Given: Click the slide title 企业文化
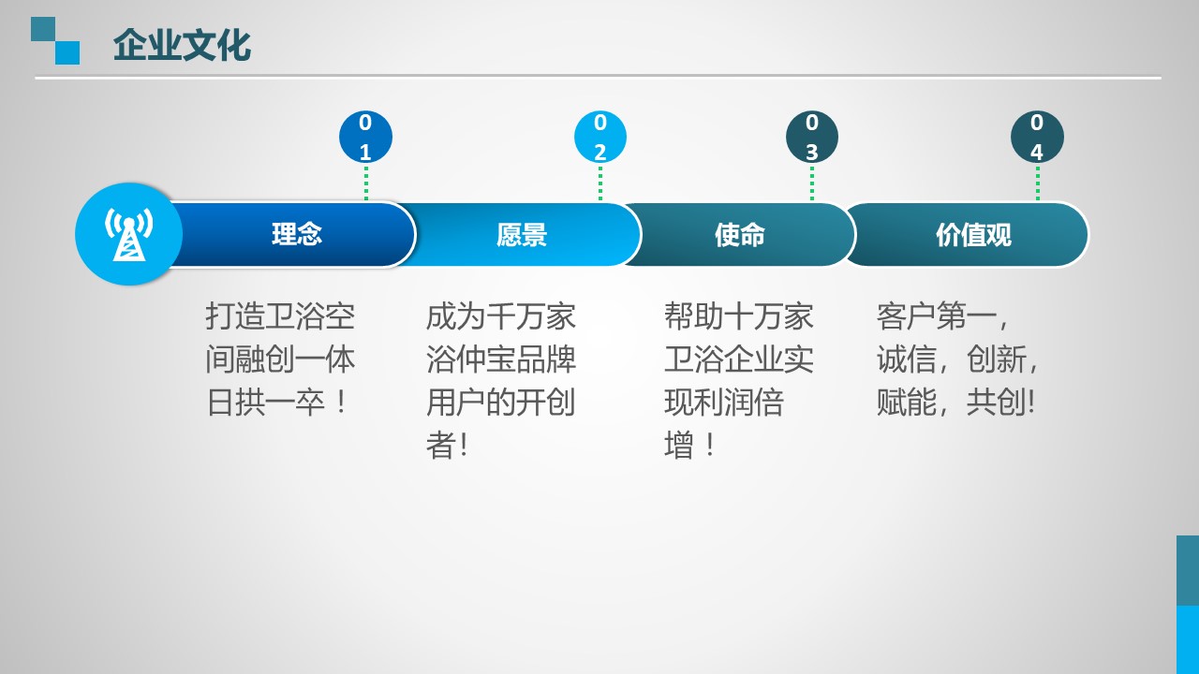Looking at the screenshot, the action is [182, 46].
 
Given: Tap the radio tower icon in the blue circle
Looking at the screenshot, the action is [128, 234].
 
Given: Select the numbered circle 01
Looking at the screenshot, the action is [365, 137].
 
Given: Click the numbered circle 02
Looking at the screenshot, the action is [600, 137].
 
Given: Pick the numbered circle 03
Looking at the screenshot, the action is [812, 137].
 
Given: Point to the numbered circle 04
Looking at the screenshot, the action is [1037, 137].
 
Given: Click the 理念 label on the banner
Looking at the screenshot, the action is [297, 234].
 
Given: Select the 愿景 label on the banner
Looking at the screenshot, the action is [522, 234].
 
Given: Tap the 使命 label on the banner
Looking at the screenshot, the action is [740, 234].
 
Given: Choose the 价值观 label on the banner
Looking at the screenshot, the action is [973, 234].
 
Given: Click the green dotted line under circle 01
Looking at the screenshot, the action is [366, 183].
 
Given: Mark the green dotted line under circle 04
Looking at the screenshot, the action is [1038, 183].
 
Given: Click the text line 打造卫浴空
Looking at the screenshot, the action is [280, 316].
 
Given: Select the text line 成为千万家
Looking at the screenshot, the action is [500, 316].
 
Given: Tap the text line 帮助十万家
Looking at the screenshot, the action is [739, 316].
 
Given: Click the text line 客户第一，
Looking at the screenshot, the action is [943, 316].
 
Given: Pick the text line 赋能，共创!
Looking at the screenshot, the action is [956, 403].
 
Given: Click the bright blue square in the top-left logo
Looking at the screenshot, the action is [67, 52].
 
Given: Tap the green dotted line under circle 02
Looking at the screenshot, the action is [600, 183].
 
